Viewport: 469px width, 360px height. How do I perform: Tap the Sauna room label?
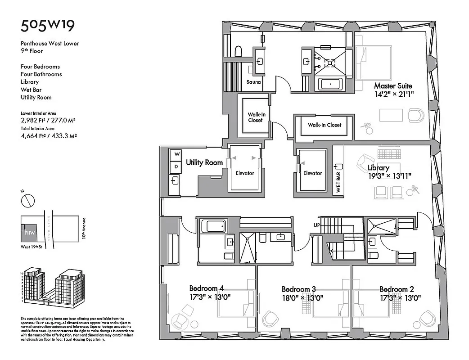(254, 82)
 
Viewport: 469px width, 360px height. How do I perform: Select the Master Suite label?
(393, 85)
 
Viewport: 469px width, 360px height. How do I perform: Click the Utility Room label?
(204, 162)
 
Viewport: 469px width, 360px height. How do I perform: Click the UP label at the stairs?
(317, 225)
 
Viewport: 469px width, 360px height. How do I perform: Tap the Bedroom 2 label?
(397, 289)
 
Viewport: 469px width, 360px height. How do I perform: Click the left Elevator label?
(245, 173)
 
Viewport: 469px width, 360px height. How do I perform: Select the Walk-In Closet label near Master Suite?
(325, 125)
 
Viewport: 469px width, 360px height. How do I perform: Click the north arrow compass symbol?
(28, 199)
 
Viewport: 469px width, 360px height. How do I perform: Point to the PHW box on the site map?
(30, 234)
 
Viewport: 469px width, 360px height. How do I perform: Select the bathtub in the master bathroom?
(331, 84)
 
